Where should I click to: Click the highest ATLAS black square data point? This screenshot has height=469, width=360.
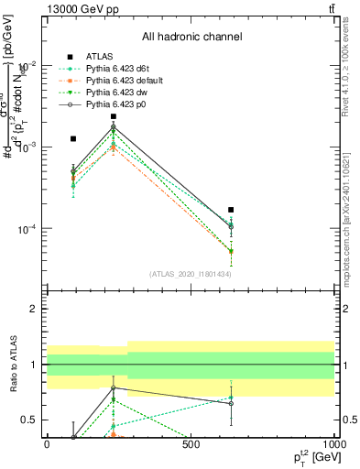[114, 116]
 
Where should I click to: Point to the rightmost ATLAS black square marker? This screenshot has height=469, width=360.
[231, 210]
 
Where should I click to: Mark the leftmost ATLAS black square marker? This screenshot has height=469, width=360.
[73, 138]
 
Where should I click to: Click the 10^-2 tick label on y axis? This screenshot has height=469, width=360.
[27, 65]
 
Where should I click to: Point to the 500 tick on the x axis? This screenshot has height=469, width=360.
[191, 444]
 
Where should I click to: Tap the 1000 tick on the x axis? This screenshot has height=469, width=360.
[333, 444]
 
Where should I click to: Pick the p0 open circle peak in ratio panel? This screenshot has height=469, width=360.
[114, 387]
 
